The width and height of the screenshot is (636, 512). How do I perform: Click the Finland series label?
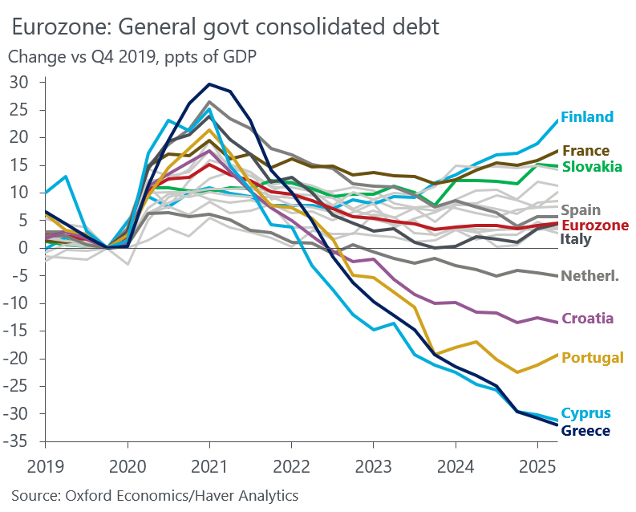[x=587, y=117]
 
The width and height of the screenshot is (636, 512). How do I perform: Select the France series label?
[x=585, y=151]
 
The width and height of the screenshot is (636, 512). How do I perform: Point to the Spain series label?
[x=581, y=210]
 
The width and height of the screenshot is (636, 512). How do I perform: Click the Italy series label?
[x=575, y=239]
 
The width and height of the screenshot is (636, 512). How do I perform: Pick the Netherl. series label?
[x=590, y=276]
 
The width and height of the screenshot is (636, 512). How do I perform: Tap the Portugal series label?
[x=593, y=358]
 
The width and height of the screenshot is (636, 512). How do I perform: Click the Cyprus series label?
[x=585, y=414]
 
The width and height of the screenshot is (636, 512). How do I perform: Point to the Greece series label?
[x=585, y=431]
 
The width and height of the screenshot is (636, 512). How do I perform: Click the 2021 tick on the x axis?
[x=209, y=465]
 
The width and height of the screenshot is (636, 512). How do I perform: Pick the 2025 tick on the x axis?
[x=537, y=465]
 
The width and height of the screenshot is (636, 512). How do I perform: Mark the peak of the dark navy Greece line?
[x=209, y=84]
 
